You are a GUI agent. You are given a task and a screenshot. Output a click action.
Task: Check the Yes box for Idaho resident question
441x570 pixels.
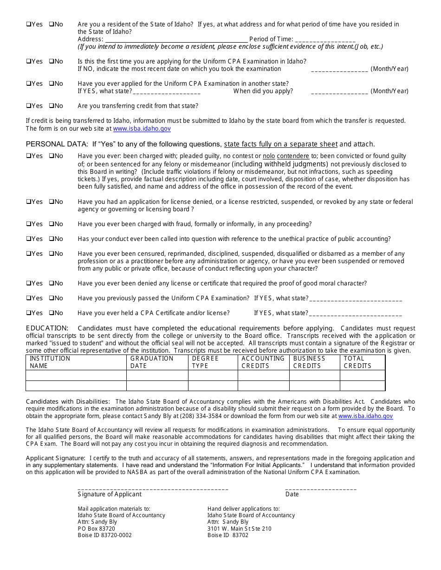click(28, 24)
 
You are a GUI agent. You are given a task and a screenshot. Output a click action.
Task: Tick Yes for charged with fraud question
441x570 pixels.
click(28, 224)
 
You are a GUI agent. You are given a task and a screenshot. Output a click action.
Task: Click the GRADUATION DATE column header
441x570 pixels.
click(152, 362)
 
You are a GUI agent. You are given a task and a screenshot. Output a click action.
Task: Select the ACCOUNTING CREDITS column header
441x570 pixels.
click(263, 362)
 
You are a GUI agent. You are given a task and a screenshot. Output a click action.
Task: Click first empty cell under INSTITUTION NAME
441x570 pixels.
click(76, 375)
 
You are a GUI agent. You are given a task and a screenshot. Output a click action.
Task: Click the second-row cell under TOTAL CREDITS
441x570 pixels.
click(362, 386)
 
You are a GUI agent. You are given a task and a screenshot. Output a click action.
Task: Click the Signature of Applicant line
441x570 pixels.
click(153, 488)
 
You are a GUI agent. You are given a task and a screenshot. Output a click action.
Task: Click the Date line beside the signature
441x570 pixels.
click(321, 488)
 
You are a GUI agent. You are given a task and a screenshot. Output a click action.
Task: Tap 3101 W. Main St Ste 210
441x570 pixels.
click(240, 528)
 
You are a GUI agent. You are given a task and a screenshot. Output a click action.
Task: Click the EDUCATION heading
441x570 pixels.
click(47, 328)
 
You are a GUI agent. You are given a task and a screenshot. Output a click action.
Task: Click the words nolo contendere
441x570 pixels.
click(286, 156)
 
